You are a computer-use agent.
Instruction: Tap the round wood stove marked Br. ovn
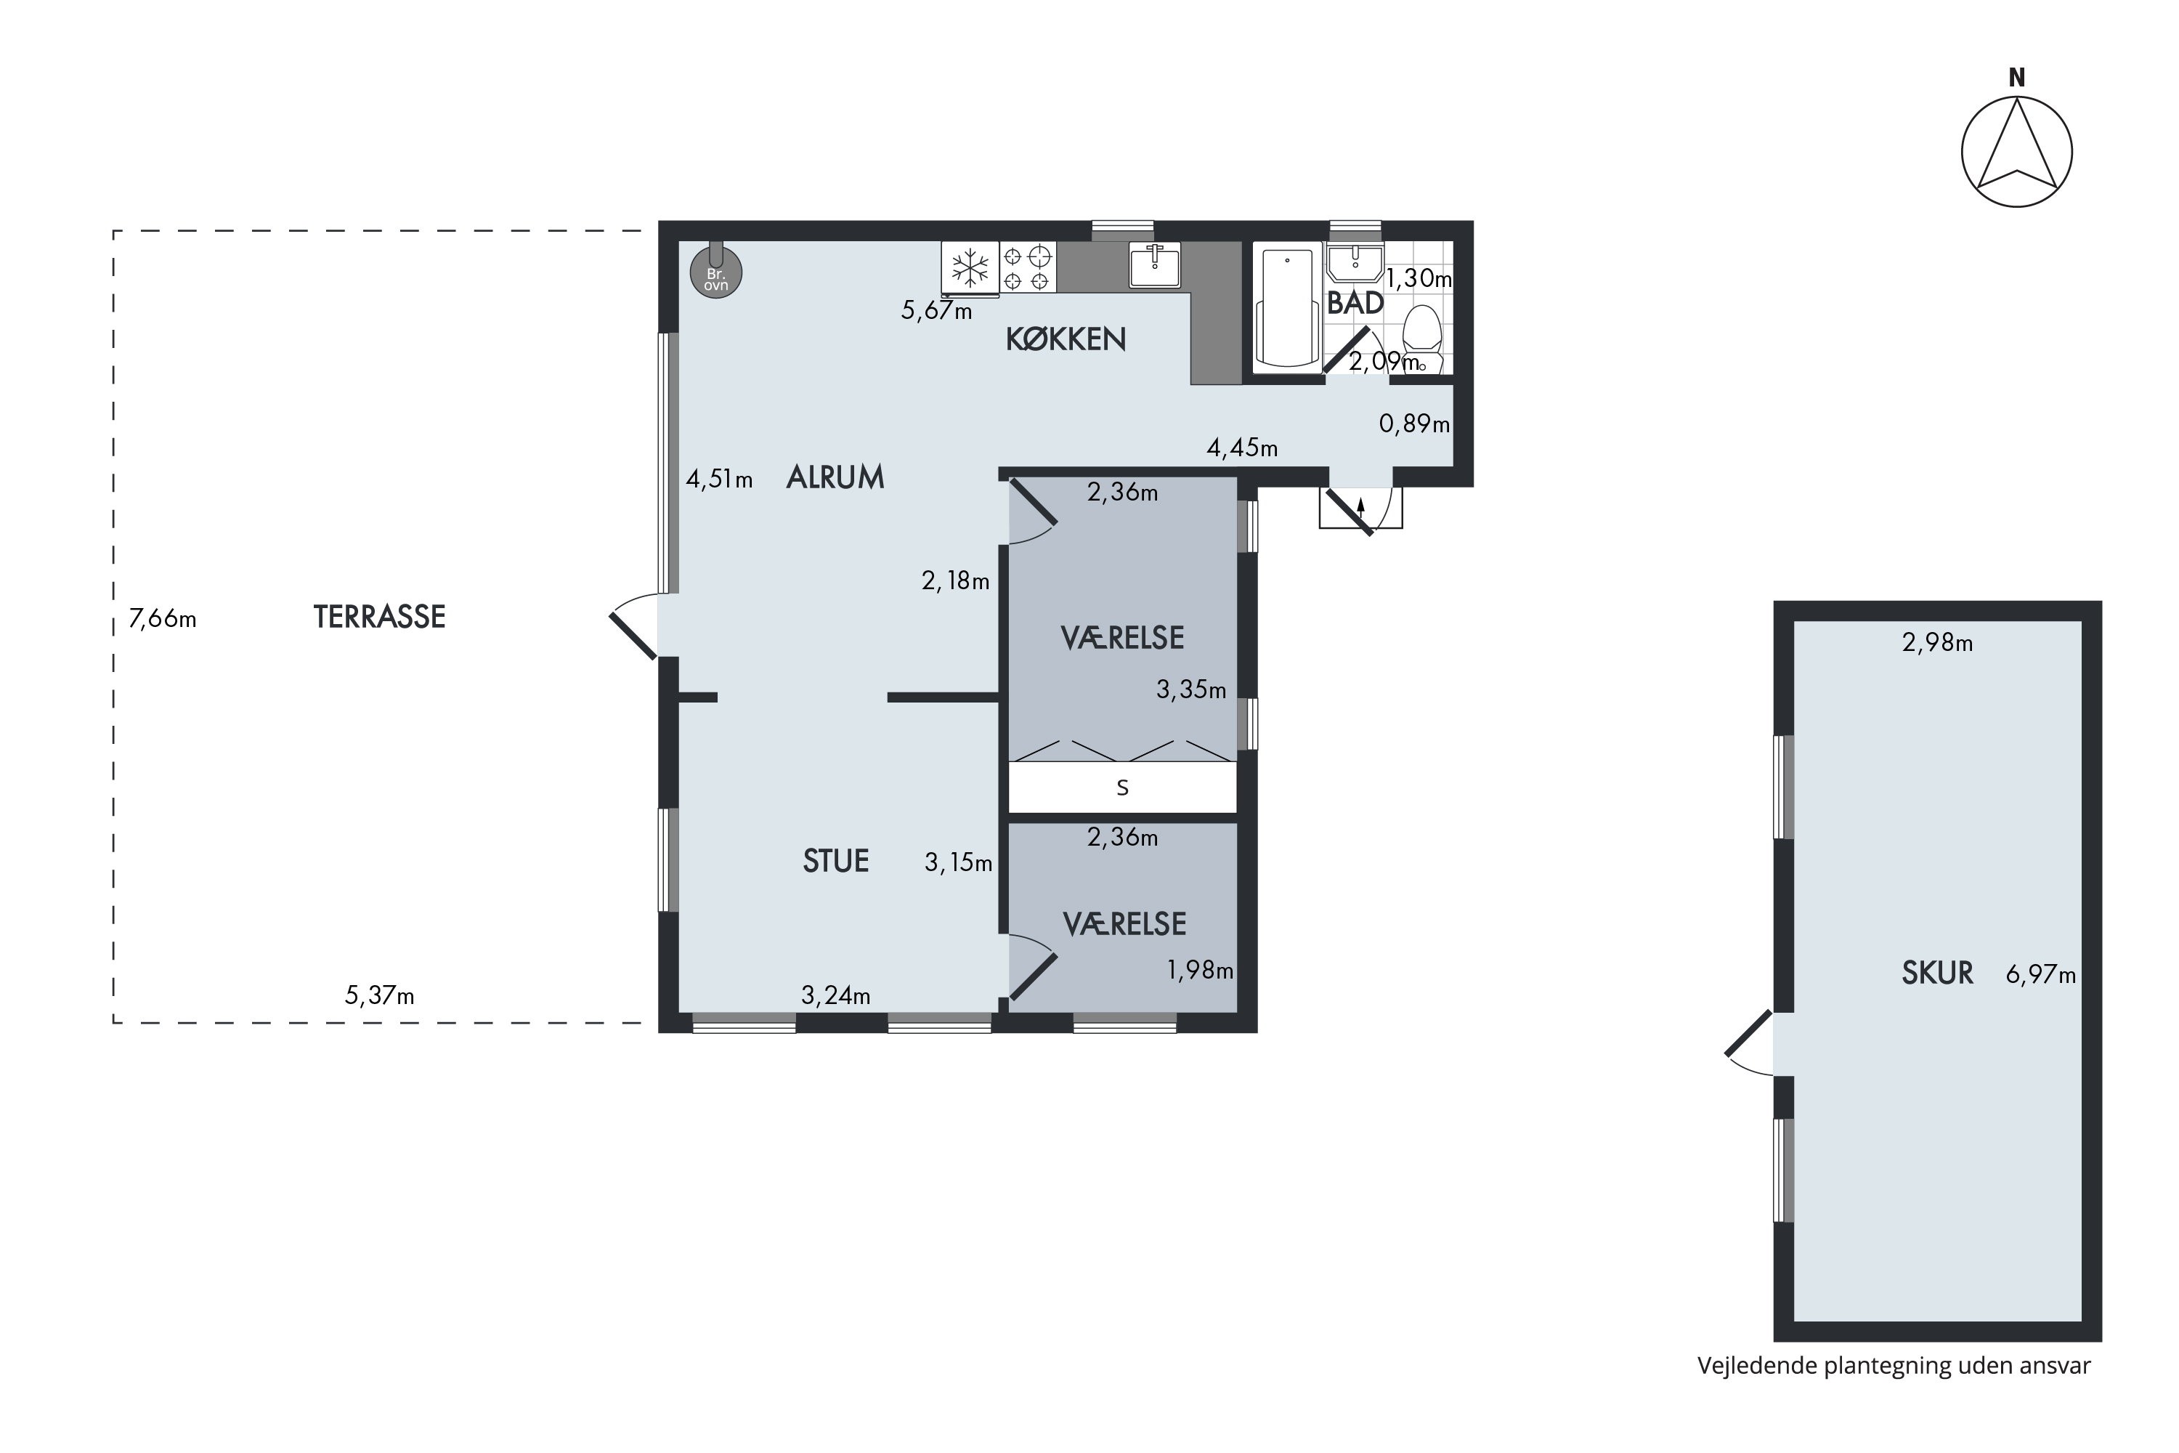tap(716, 273)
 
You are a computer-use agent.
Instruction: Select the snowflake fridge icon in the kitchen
tap(970, 268)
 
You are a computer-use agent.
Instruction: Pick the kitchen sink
tap(1154, 265)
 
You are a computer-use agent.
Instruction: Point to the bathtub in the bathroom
tap(1287, 307)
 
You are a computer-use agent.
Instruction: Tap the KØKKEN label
tap(1066, 340)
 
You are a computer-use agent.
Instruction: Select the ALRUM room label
tap(835, 477)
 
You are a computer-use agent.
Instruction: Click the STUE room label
tap(836, 861)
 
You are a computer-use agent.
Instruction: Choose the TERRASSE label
tap(380, 617)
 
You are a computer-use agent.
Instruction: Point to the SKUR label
tap(1937, 973)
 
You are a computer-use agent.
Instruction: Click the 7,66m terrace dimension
tap(163, 618)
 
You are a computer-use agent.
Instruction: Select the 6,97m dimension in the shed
tap(2041, 975)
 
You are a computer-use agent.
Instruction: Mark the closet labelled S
tap(1123, 788)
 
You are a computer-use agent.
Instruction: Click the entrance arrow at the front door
tap(1361, 506)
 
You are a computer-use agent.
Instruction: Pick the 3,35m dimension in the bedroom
tap(1191, 689)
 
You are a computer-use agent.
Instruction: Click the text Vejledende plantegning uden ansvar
tap(1894, 1367)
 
